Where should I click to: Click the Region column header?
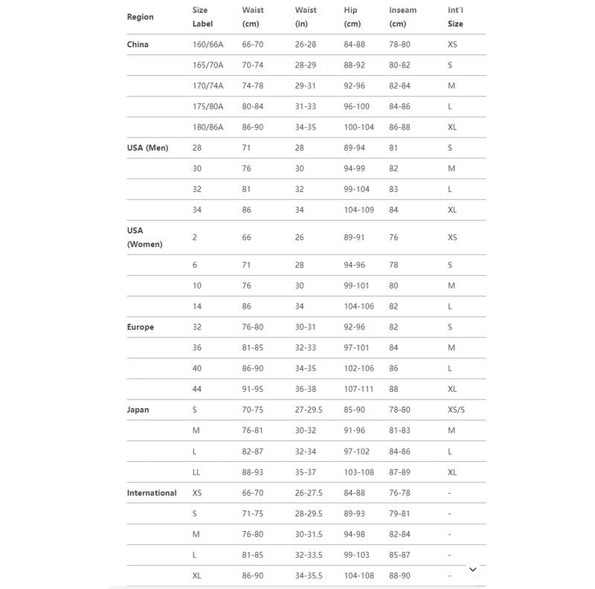(x=141, y=17)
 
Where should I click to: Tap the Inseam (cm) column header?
(x=402, y=17)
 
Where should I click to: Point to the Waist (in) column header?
(x=306, y=17)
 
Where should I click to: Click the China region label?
(x=138, y=45)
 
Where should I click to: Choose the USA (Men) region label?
(x=147, y=148)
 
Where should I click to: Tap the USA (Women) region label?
(x=144, y=237)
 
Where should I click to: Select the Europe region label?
(x=141, y=327)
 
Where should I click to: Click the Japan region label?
(x=138, y=410)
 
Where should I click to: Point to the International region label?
(x=152, y=493)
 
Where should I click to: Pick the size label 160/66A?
(x=208, y=45)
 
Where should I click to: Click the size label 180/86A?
(x=208, y=127)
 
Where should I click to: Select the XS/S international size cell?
(x=456, y=410)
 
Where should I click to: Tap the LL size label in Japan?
(x=196, y=472)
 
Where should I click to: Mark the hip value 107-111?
(x=358, y=389)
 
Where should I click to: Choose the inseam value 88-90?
(x=399, y=576)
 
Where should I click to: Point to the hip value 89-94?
(x=355, y=148)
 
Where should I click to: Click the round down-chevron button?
(x=472, y=570)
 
